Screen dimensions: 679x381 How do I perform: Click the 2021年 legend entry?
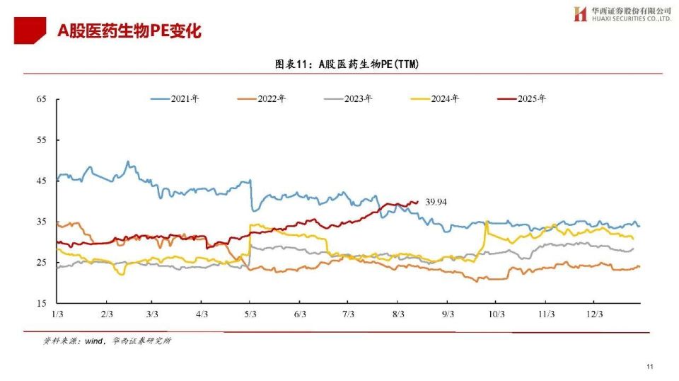175,99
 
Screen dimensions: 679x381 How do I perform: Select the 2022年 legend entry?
262,99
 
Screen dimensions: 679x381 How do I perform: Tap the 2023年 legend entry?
348,99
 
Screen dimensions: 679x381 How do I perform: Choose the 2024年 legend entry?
435,99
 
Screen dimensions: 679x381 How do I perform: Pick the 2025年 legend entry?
522,99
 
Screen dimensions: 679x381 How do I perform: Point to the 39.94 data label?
436,202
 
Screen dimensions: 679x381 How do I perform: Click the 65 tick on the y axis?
41,99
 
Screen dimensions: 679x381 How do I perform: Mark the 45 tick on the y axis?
41,181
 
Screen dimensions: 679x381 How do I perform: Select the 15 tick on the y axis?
41,303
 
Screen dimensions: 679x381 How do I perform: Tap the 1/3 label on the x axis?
57,314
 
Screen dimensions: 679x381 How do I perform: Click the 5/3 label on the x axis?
250,314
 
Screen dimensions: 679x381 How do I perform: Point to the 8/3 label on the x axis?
398,314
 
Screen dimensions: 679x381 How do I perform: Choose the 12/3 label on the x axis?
595,314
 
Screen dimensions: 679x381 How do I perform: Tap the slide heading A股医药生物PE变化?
129,31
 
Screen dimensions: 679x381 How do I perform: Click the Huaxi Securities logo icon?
580,14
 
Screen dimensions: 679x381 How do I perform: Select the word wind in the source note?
93,341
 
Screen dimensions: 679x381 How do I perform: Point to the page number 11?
649,367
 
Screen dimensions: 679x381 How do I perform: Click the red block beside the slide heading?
30,30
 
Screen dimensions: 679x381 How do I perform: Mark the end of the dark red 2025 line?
417,202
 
